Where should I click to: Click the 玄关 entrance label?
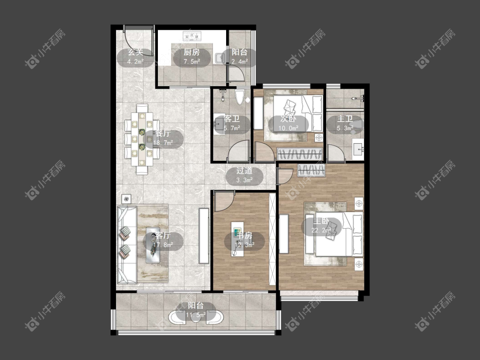click(x=135, y=52)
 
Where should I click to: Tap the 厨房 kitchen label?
click(x=192, y=52)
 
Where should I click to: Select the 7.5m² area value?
click(x=192, y=61)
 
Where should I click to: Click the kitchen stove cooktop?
click(x=192, y=36)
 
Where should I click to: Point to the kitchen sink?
click(x=220, y=58)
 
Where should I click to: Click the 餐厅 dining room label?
click(x=163, y=134)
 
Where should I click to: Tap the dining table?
click(x=142, y=139)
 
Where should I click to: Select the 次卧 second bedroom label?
click(x=288, y=119)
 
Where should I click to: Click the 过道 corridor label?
click(x=244, y=171)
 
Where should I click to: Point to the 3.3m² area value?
click(x=244, y=180)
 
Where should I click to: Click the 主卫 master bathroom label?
click(x=345, y=119)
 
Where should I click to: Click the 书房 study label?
click(x=244, y=235)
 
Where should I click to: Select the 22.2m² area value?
click(x=321, y=230)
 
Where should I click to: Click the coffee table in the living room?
click(x=153, y=245)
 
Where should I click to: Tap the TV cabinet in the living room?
click(x=204, y=236)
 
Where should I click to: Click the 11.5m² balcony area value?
click(x=196, y=315)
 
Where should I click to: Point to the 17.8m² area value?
click(x=163, y=245)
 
